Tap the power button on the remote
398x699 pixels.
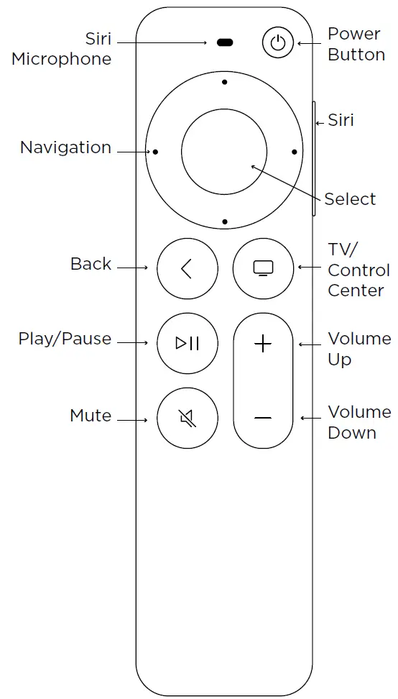(x=277, y=43)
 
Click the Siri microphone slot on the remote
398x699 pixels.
(x=225, y=43)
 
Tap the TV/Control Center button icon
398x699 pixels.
(x=264, y=269)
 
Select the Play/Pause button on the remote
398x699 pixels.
(x=188, y=343)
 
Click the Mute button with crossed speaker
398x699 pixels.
(x=188, y=418)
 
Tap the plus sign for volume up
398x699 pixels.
(x=264, y=344)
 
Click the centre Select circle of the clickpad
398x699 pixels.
(x=224, y=152)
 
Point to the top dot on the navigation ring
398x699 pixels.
(x=225, y=82)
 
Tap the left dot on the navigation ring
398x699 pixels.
(x=155, y=152)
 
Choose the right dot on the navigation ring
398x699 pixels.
(x=294, y=152)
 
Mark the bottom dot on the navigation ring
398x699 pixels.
(x=225, y=221)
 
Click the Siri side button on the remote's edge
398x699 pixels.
(x=314, y=158)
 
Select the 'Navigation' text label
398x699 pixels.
(x=65, y=147)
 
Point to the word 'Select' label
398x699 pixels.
(x=350, y=199)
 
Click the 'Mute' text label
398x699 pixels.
(x=91, y=416)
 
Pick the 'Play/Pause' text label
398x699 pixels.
(x=65, y=339)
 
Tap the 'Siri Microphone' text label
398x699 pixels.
(x=62, y=49)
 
